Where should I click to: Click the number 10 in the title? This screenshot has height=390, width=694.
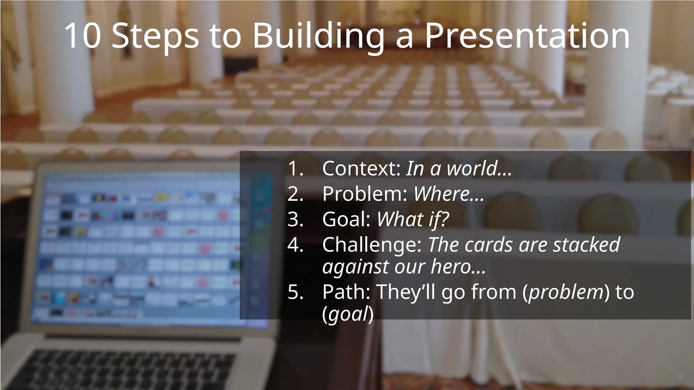point(82,36)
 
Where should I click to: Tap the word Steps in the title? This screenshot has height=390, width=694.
point(155,37)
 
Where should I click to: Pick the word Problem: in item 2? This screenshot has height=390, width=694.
point(365,194)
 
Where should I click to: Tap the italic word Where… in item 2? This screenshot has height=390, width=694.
point(449,194)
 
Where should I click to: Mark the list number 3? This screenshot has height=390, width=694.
point(295,219)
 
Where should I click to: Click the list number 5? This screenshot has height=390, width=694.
point(295,292)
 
